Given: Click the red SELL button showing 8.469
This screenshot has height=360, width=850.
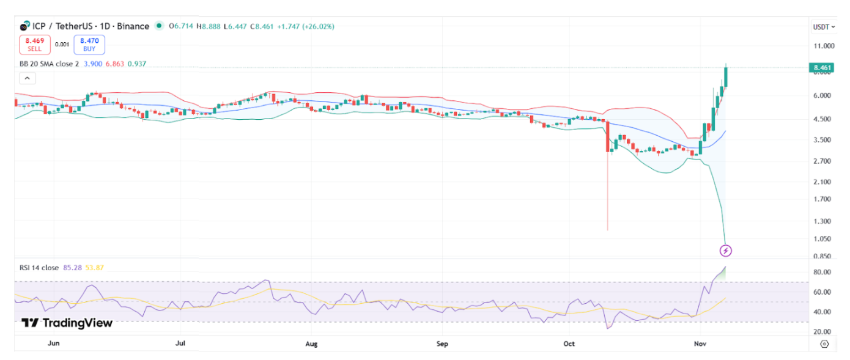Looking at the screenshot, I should tap(34, 45).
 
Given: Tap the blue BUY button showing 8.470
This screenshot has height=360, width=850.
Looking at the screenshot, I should tap(89, 45).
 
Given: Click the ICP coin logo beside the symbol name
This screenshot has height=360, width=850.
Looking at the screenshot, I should tap(24, 26).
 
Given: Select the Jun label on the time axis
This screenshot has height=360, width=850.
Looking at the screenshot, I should tap(53, 344).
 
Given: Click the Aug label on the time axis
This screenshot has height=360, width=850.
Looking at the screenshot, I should tap(311, 344).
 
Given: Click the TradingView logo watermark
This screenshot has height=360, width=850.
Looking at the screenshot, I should tap(67, 323).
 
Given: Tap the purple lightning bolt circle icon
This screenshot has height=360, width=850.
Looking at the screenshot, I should tap(726, 251).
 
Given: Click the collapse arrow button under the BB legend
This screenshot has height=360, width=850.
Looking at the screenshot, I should tap(28, 78).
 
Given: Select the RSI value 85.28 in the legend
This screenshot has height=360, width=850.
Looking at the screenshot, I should tap(73, 267).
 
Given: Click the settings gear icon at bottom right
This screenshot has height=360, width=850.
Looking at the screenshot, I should tap(824, 344).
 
